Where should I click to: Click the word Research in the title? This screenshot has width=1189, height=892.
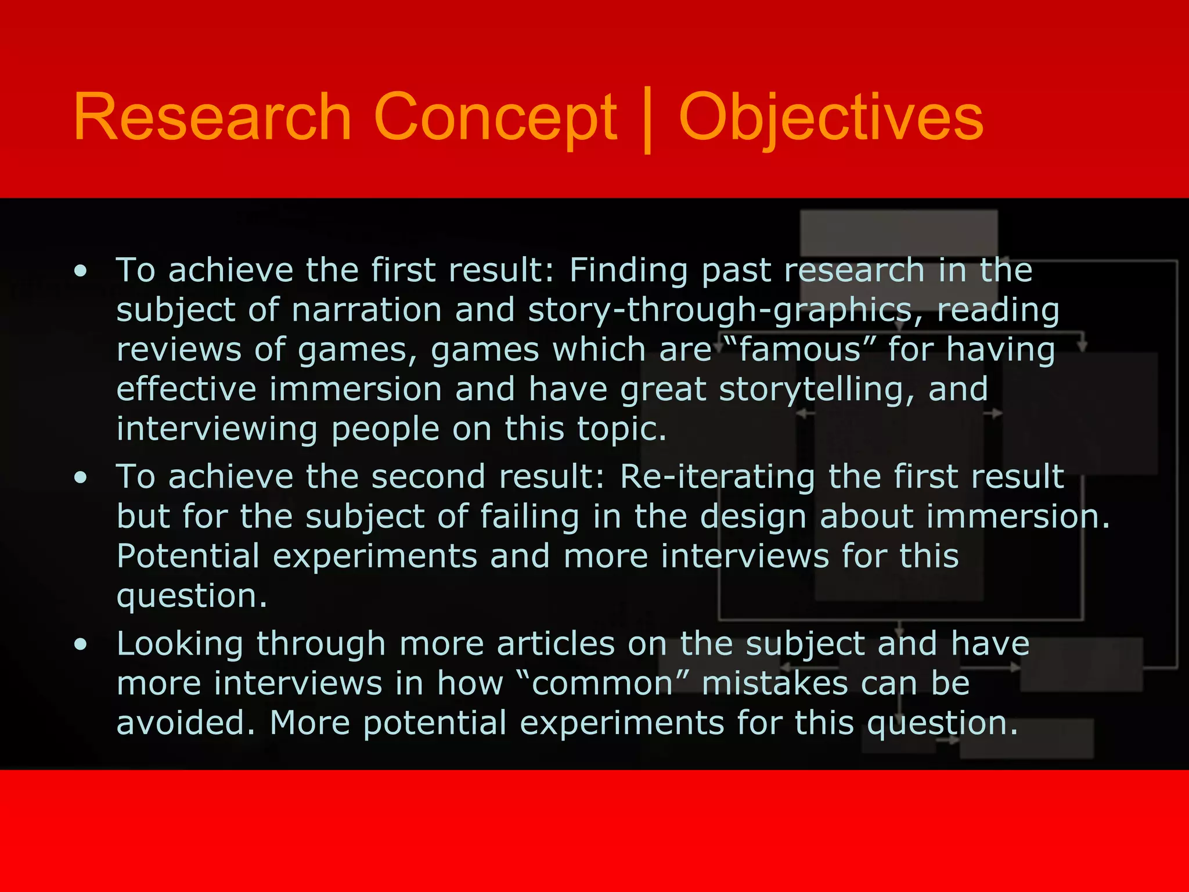point(212,117)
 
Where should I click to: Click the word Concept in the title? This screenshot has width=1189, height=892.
point(495,117)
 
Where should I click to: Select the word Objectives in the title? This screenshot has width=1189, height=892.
point(830,117)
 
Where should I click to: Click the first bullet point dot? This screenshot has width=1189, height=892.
point(81,271)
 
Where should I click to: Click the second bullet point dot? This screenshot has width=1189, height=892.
point(81,477)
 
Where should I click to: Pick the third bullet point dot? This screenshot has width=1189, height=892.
point(81,644)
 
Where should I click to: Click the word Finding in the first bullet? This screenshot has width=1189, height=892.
point(628,271)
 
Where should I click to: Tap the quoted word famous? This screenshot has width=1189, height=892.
point(799,350)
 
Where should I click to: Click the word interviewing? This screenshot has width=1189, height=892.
point(217,430)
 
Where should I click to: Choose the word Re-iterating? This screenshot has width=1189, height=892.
point(717,477)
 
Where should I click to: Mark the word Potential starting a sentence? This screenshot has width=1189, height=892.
point(188,556)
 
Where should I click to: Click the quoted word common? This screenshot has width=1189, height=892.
point(602,684)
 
